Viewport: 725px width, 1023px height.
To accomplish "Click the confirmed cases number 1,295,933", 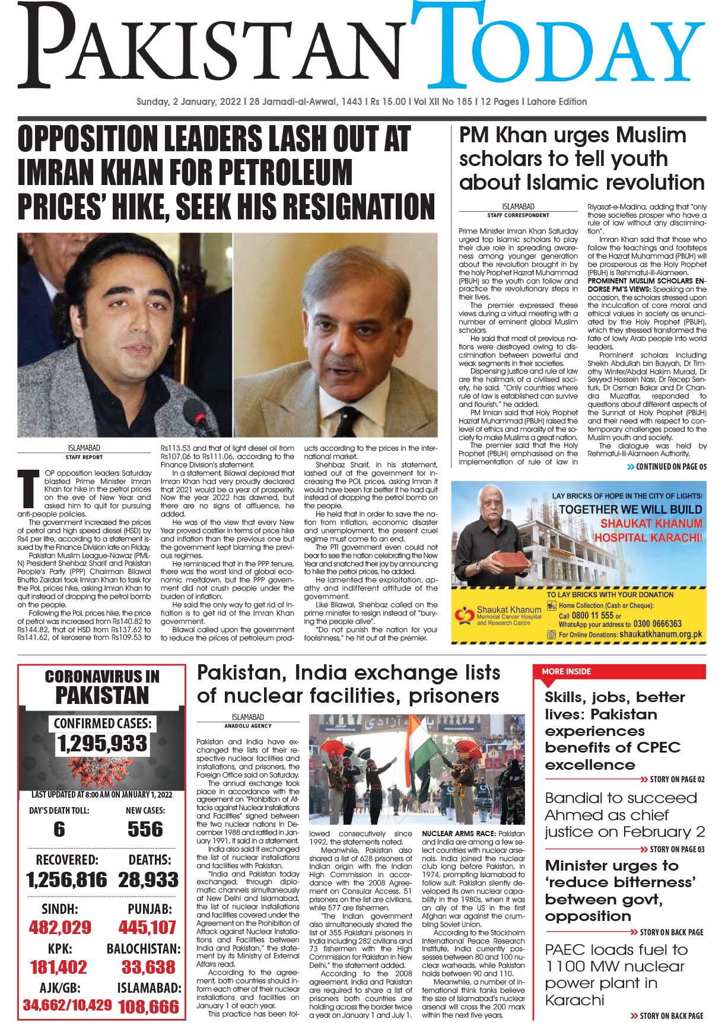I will [102, 743].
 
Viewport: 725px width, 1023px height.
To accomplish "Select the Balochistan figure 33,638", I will [148, 967].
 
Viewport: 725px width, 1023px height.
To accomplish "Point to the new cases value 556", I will [145, 829].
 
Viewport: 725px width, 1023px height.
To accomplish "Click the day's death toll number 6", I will [59, 829].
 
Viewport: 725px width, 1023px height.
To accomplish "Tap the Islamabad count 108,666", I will [148, 1006].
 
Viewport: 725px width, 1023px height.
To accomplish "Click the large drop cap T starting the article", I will [25, 485].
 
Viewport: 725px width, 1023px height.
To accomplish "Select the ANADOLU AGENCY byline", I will [248, 725].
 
